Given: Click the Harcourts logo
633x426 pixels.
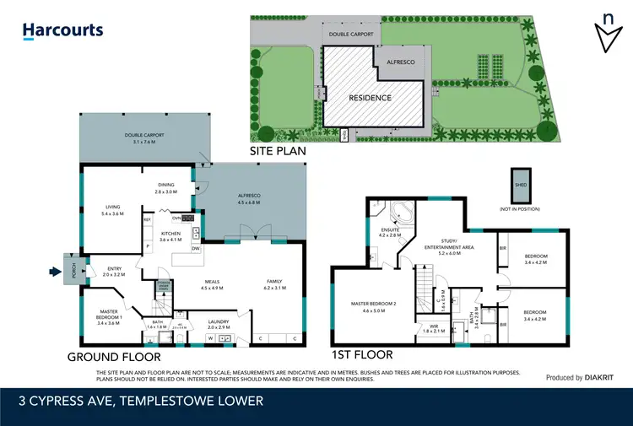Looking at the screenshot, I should click(62, 30).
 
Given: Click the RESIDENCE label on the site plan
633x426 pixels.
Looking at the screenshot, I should click(371, 98).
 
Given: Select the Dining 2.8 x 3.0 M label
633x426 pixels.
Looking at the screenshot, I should click(165, 188).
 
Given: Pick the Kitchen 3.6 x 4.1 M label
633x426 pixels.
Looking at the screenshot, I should click(170, 236).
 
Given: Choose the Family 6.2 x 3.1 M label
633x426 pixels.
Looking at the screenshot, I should click(274, 285).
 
